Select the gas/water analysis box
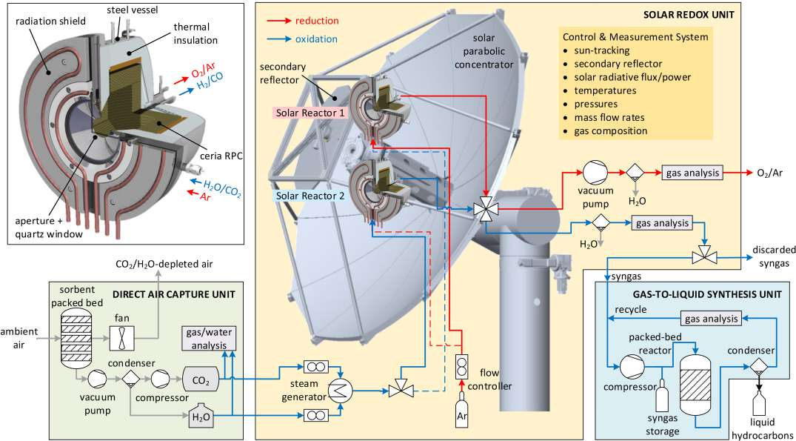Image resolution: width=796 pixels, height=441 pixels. coord(208,339)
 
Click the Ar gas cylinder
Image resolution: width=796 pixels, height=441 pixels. coord(461,414)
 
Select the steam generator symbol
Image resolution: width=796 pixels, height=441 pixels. coord(339,391)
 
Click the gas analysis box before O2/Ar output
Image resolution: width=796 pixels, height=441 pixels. coord(692,173)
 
